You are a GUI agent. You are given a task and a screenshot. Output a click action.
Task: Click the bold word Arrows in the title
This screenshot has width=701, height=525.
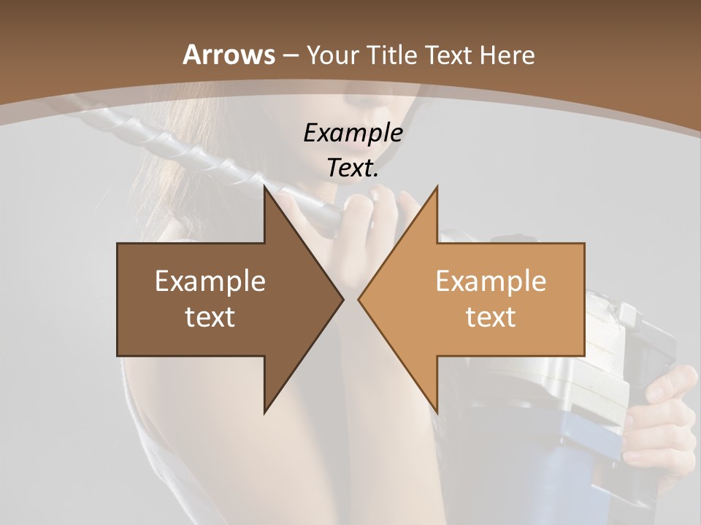coord(229,55)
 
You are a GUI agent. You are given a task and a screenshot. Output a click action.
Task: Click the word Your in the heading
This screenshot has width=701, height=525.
coord(332,55)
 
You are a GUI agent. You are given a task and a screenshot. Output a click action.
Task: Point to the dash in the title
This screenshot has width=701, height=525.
coord(289,55)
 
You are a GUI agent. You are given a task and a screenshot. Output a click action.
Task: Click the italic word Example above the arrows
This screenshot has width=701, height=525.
coord(353,133)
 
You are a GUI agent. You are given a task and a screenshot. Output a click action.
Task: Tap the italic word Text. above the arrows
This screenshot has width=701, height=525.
coord(353,168)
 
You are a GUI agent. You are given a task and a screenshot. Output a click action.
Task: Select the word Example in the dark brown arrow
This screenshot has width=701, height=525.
coord(210,281)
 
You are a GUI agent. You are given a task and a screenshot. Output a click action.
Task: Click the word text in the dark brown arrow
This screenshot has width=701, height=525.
coord(210,317)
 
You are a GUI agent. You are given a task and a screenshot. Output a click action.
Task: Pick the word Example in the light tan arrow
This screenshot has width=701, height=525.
coord(491,281)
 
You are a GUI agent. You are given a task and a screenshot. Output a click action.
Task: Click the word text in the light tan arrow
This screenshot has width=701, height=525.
coord(491,317)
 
